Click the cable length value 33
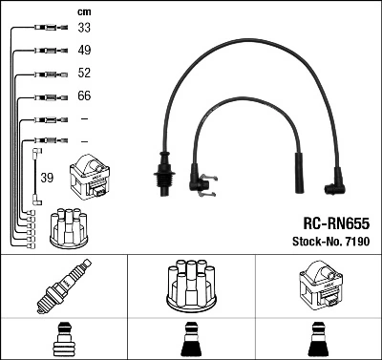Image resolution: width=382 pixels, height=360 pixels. (x=84, y=29)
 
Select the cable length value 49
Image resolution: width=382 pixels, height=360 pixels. (x=84, y=51)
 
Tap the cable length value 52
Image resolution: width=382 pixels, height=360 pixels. (x=84, y=74)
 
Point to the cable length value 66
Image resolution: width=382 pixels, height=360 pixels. (x=84, y=96)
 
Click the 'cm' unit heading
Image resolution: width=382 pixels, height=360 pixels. (x=83, y=11)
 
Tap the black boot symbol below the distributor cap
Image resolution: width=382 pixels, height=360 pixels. (x=191, y=340)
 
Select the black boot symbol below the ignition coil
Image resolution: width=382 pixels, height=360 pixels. (x=318, y=340)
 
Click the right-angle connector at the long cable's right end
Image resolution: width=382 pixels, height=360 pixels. (x=337, y=176)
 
